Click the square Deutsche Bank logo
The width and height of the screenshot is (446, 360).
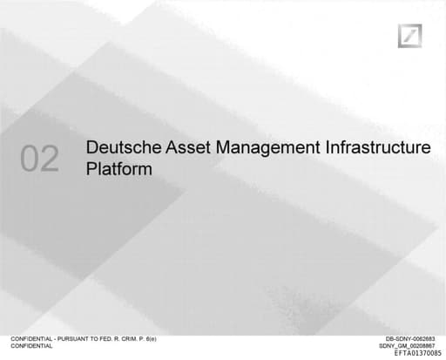(410, 37)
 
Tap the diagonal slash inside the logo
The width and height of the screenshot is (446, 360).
(410, 37)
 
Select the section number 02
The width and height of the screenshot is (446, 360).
(40, 159)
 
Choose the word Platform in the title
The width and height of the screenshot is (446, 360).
(119, 169)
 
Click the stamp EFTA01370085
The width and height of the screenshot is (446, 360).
(417, 353)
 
